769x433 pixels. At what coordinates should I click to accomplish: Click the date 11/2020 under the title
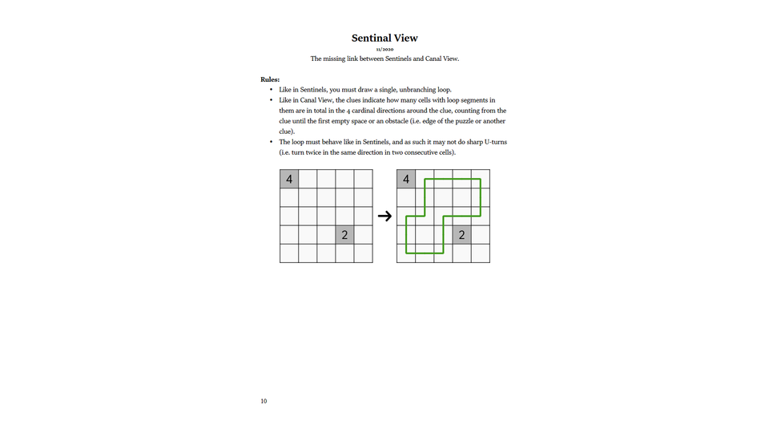click(x=384, y=50)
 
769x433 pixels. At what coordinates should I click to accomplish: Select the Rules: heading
click(x=270, y=79)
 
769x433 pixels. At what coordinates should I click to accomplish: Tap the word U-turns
click(x=493, y=142)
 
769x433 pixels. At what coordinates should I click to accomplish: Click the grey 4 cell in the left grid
click(x=289, y=179)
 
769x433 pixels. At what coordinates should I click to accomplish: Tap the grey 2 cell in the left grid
click(x=344, y=235)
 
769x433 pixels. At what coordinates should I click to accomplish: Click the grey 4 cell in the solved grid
click(x=406, y=179)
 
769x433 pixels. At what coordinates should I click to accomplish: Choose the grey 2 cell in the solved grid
click(x=461, y=235)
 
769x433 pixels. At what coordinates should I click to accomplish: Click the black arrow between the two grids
click(x=384, y=216)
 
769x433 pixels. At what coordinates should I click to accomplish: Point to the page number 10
click(x=264, y=401)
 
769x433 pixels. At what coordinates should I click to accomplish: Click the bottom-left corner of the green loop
click(x=407, y=253)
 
